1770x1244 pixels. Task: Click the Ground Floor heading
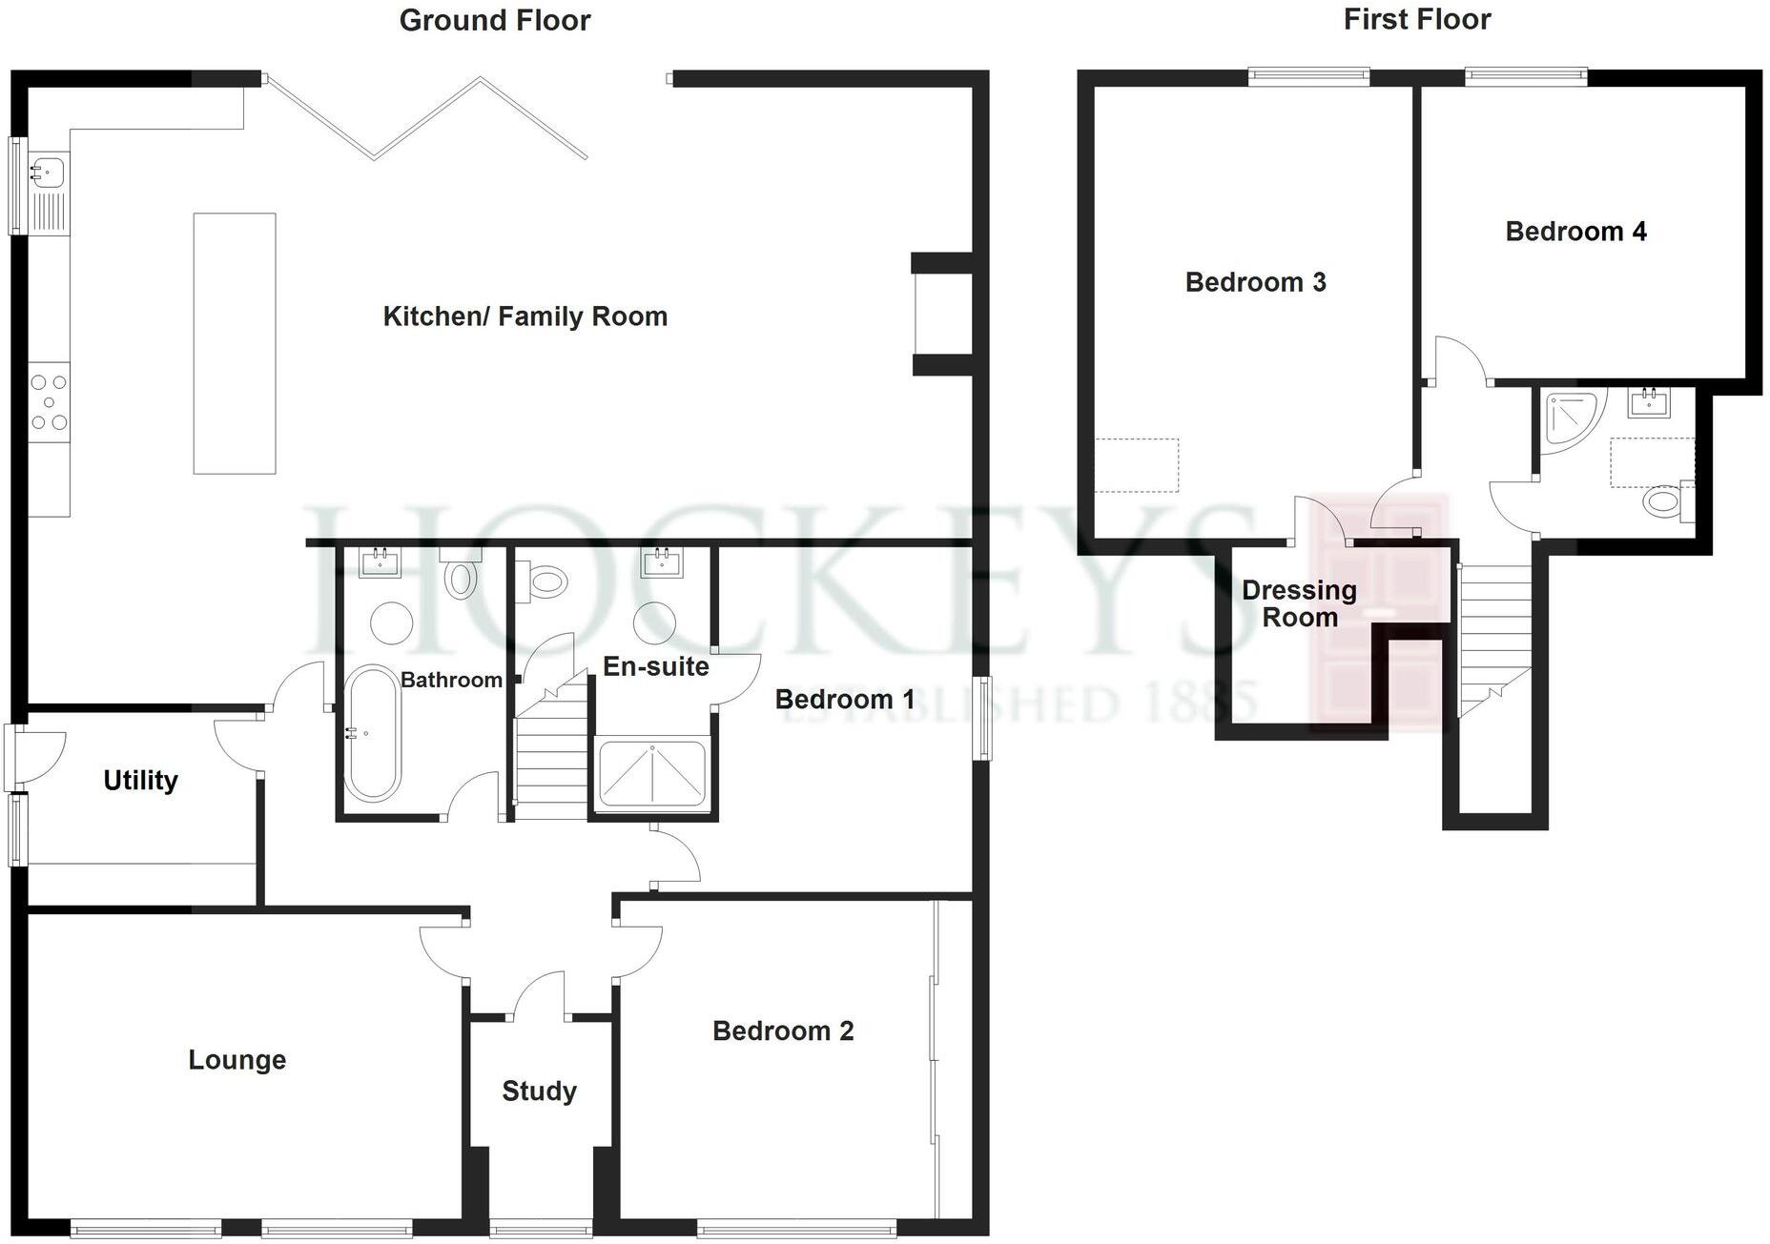point(494,20)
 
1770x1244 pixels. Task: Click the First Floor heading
point(1416,19)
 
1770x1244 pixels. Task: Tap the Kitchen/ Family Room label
point(525,316)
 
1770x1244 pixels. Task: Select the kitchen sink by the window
point(47,173)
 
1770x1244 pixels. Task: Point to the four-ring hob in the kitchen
point(49,402)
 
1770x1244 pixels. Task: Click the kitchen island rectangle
point(235,343)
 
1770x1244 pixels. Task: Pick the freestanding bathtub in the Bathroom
point(371,733)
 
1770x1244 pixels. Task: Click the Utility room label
point(140,781)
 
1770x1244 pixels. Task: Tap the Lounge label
point(237,1060)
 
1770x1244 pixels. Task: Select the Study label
point(539,1091)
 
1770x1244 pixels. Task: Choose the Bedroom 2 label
point(783,1030)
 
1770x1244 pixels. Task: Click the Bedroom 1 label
point(844,700)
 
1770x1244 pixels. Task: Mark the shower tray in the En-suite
point(651,773)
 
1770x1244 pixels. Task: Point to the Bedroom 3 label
point(1255,282)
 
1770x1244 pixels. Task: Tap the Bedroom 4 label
point(1575,232)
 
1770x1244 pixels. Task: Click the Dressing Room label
point(1299,603)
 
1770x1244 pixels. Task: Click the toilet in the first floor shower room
point(1665,501)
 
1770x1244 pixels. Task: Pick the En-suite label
point(655,666)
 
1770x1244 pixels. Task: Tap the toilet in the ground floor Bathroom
point(461,577)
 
